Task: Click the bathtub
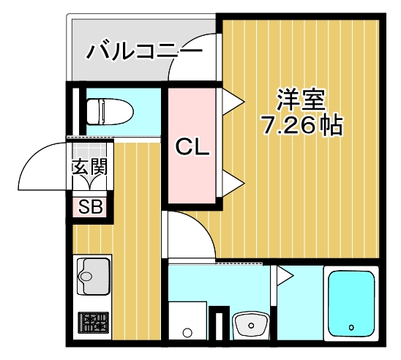(x=351, y=304)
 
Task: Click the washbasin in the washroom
(x=251, y=323)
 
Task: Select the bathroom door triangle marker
(x=282, y=276)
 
